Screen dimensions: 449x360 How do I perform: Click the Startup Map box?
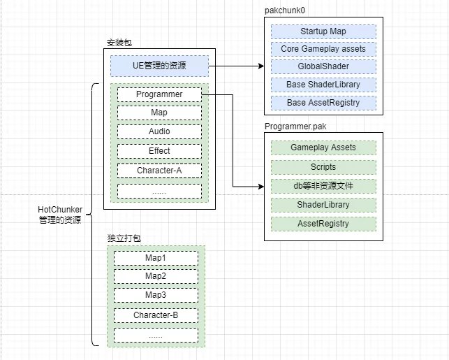[323, 31]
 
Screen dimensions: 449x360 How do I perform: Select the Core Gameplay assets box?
[323, 49]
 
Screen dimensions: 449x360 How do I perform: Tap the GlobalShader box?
[323, 66]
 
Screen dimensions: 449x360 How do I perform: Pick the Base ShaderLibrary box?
[323, 85]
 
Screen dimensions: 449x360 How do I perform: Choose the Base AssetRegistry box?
[323, 103]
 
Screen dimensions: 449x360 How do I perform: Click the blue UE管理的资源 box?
[159, 66]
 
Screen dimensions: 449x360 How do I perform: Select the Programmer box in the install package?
[159, 94]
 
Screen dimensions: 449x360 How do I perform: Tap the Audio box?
[159, 131]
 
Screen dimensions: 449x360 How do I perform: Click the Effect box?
[159, 151]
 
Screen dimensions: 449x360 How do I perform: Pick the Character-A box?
[159, 171]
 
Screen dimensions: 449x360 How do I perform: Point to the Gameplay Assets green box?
[323, 147]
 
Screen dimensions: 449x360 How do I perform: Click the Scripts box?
[323, 167]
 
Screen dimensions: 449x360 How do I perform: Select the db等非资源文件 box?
[323, 186]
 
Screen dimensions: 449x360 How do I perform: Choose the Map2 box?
[156, 276]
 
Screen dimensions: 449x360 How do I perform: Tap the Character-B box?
[156, 315]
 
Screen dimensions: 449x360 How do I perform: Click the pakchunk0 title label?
[285, 10]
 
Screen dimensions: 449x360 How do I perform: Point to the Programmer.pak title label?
[295, 127]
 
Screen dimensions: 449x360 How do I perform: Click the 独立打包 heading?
[124, 238]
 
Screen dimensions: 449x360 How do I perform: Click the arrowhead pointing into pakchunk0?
[261, 66]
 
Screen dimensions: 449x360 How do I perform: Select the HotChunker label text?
[60, 210]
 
